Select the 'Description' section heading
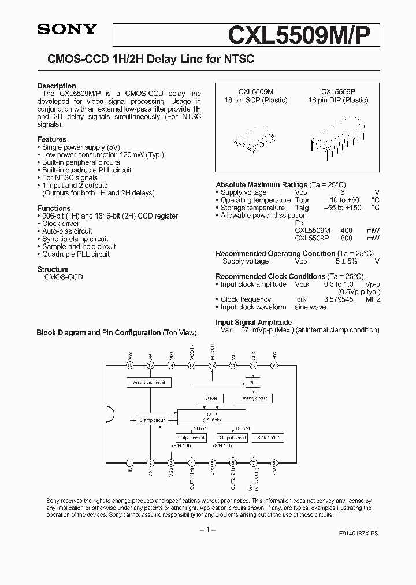(x=57, y=86)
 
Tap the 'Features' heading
(x=52, y=139)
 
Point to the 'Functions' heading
(x=54, y=208)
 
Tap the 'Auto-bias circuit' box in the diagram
(x=149, y=383)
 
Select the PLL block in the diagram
(x=252, y=383)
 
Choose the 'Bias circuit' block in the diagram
(x=268, y=438)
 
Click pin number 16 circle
(x=130, y=365)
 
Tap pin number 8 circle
(x=274, y=462)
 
